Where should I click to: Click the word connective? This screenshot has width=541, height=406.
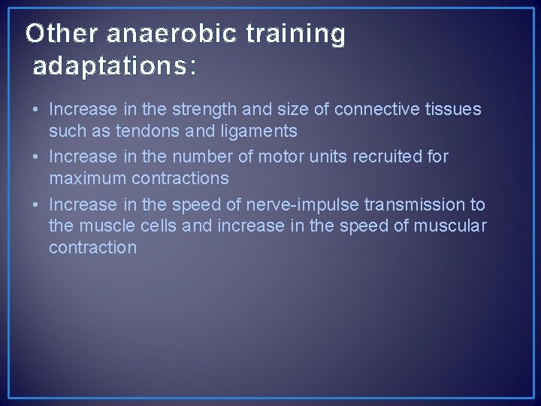click(x=370, y=110)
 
